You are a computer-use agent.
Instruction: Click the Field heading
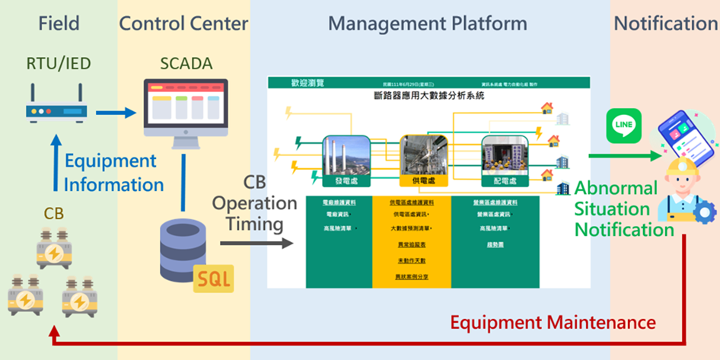click(x=59, y=24)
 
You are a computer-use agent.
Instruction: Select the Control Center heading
click(x=183, y=24)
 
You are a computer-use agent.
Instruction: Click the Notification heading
click(x=665, y=24)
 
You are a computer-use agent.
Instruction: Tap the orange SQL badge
click(x=214, y=279)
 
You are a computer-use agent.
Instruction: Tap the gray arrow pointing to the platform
click(x=256, y=243)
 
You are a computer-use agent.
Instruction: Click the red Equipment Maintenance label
click(x=553, y=322)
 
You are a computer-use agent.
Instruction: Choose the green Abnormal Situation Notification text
click(x=624, y=208)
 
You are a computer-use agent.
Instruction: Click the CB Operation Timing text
click(x=254, y=203)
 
